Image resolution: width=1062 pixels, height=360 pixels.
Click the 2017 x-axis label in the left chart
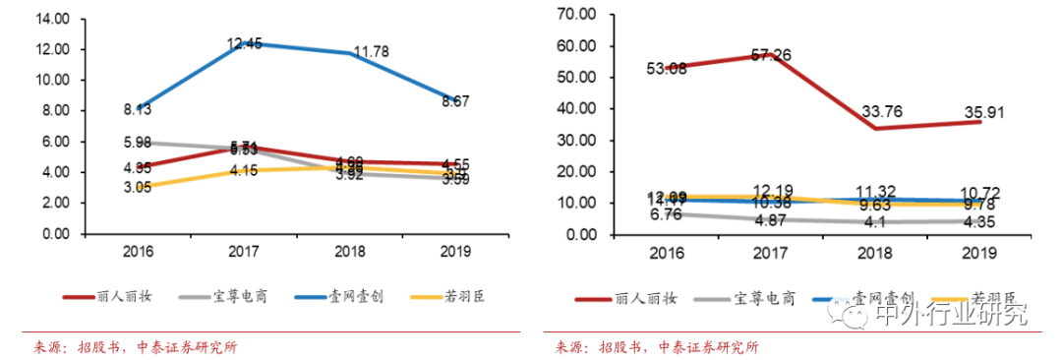point(244,251)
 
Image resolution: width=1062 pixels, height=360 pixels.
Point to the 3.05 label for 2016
point(137,188)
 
